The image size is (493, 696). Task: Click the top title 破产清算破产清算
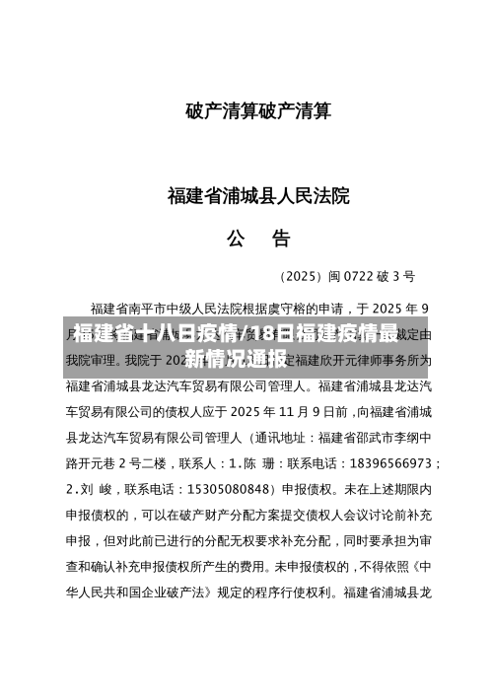point(258,111)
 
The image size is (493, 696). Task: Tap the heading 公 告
point(258,238)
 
